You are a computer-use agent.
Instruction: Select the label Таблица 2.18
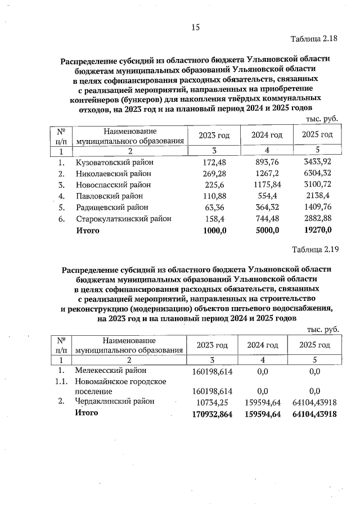(314, 39)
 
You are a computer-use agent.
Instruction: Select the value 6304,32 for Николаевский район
(317, 173)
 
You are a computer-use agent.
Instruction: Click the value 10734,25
(210, 402)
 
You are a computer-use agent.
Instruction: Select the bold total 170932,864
(212, 414)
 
